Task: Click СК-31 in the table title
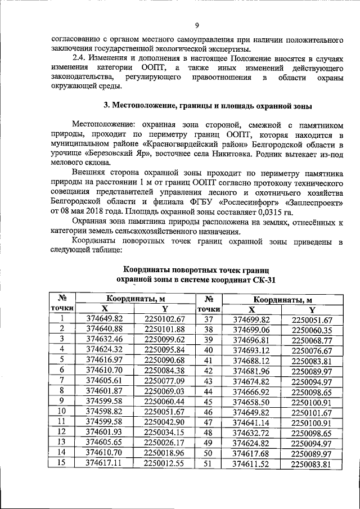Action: [x=263, y=280]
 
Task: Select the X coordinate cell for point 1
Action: [x=103, y=318]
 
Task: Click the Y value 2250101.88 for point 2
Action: [x=165, y=328]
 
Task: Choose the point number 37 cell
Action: [x=208, y=319]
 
